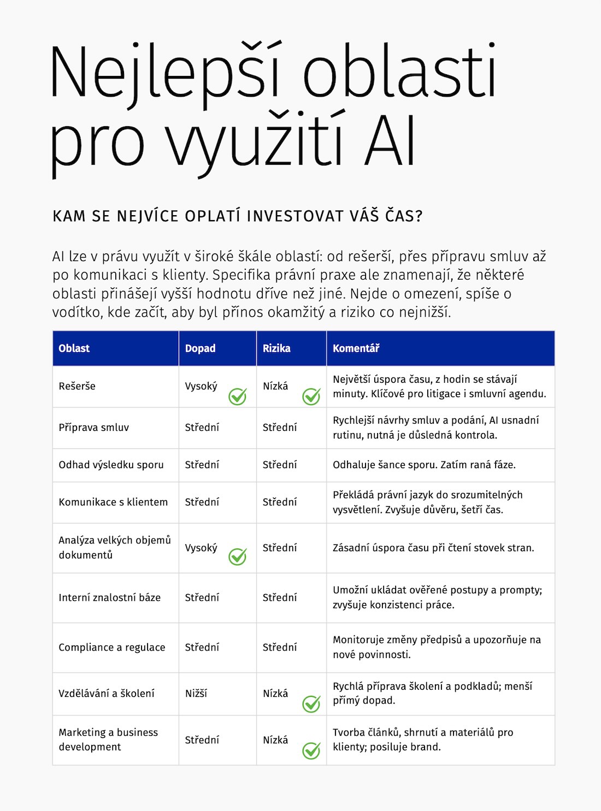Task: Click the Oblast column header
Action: coord(74,348)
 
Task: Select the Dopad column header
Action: coord(200,348)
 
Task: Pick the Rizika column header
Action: coord(276,348)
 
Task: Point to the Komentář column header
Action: coord(356,348)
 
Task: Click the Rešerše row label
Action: coord(77,386)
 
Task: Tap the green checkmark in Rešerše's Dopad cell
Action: coord(237,396)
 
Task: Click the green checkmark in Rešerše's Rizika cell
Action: coord(311,396)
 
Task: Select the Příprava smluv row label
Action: coord(93,428)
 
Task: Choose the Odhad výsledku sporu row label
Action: coord(111,465)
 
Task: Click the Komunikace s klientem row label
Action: coord(113,502)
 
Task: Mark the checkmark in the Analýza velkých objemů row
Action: coord(237,556)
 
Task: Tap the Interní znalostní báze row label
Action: coord(109,597)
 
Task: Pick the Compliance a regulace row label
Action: coord(111,647)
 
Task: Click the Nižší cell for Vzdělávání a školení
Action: coord(196,694)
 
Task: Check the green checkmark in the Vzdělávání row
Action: coord(311,703)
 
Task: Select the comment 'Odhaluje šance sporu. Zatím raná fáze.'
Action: coord(424,465)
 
